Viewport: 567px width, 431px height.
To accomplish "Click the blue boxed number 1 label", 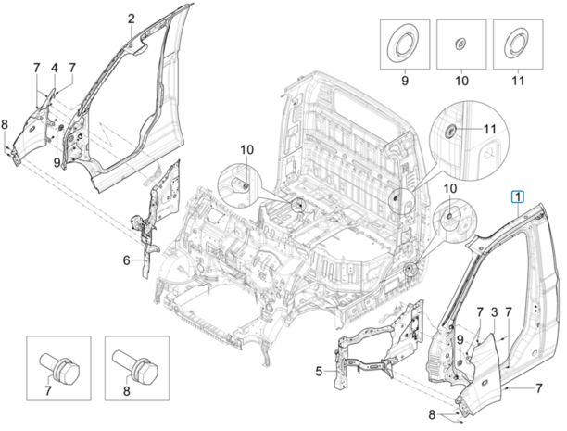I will coord(518,196).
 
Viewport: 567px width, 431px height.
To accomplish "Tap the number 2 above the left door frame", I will coord(131,18).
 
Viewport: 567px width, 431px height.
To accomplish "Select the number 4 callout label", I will coord(54,68).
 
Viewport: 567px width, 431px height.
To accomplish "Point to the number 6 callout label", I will coord(127,261).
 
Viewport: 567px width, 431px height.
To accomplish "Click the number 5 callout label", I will coord(319,372).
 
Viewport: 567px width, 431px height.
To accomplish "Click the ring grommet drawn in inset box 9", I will coord(405,44).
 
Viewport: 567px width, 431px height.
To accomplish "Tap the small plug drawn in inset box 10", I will coord(460,44).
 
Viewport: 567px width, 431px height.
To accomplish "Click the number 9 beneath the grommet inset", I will coord(405,82).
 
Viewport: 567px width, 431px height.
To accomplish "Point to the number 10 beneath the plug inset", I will coord(460,82).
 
